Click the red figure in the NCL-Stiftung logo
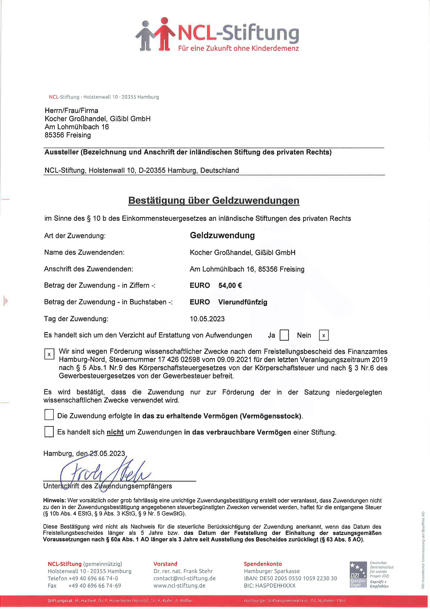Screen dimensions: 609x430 click(x=164, y=35)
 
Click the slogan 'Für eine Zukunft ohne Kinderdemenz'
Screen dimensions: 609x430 click(x=238, y=48)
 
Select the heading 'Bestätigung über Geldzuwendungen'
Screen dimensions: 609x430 click(x=214, y=200)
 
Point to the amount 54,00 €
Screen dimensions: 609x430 click(x=230, y=285)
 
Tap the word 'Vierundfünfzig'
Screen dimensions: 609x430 click(x=243, y=302)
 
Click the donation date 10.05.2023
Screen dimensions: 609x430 click(x=207, y=319)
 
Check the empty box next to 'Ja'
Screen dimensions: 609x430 click(x=284, y=335)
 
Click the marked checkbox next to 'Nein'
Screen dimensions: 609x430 click(x=324, y=336)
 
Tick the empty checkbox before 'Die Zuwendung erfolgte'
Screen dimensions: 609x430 click(x=49, y=415)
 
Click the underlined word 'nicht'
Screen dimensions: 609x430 click(x=115, y=432)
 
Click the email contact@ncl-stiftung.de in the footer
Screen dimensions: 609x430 click(x=184, y=578)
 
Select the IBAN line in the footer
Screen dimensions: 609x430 click(x=290, y=578)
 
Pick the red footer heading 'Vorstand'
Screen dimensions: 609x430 click(x=165, y=564)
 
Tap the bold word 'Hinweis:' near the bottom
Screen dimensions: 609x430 click(x=54, y=500)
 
